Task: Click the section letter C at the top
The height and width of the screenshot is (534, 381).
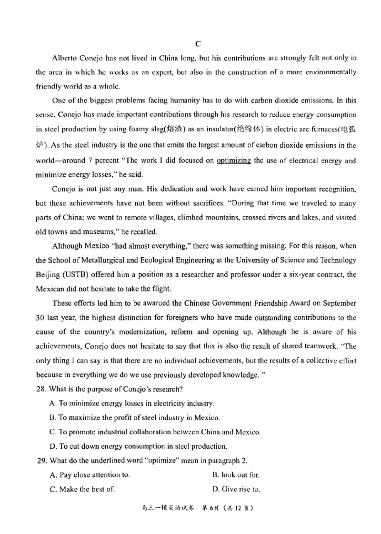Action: pyautogui.click(x=198, y=43)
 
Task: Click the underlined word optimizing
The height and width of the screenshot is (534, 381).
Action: pyautogui.click(x=233, y=161)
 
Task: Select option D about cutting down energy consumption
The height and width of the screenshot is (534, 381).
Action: pyautogui.click(x=138, y=446)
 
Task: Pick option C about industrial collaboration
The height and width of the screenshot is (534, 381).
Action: pyautogui.click(x=155, y=432)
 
